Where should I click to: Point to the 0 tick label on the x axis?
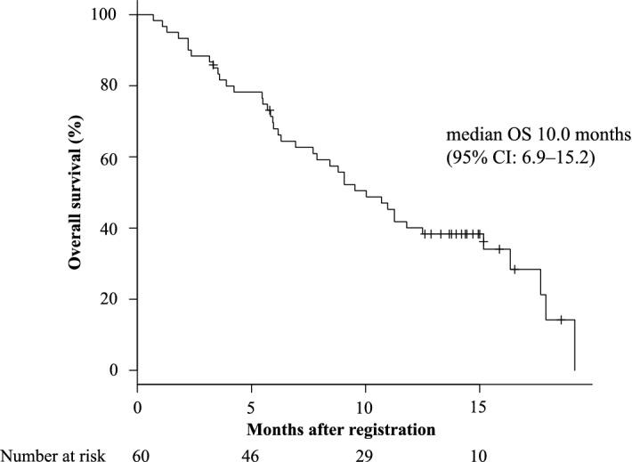[137, 407]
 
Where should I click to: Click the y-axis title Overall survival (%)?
[78, 192]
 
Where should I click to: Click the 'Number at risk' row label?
[54, 454]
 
